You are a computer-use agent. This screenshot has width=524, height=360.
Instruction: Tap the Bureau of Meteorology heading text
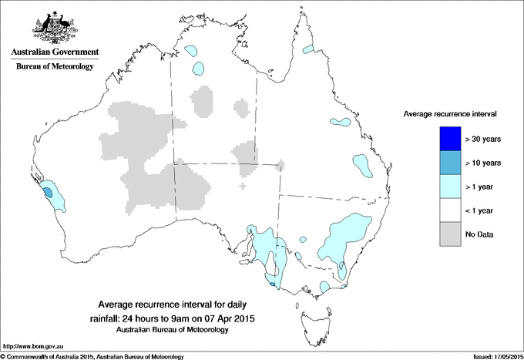(54, 67)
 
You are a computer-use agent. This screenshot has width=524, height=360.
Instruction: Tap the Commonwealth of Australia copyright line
(92, 355)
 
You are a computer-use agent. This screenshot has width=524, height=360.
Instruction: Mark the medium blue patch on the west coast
(49, 193)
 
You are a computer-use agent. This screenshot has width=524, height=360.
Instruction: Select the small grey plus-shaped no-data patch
(244, 186)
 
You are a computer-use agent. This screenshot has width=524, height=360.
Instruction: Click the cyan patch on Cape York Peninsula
(310, 49)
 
